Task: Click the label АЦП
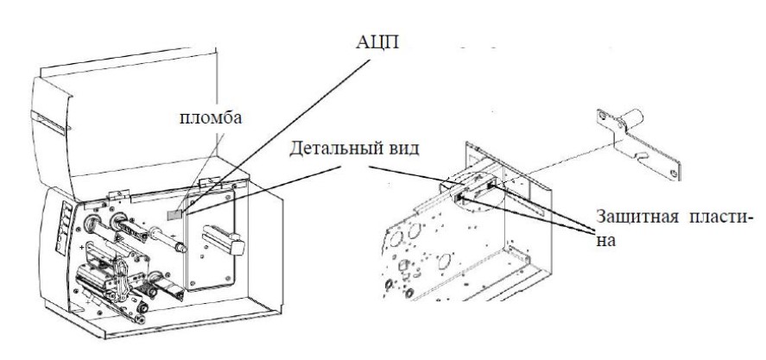[x=377, y=41]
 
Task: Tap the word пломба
[x=211, y=117]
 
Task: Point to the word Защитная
[x=637, y=217]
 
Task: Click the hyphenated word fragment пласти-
[x=719, y=217]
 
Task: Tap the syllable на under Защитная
[x=605, y=240]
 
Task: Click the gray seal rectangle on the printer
[x=174, y=214]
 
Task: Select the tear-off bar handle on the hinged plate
[x=224, y=238]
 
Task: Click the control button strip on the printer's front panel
[x=65, y=227]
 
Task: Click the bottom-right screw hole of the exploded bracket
[x=674, y=173]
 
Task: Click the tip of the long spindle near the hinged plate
[x=181, y=248]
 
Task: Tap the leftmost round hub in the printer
[x=91, y=224]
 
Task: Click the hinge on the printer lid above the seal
[x=209, y=181]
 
